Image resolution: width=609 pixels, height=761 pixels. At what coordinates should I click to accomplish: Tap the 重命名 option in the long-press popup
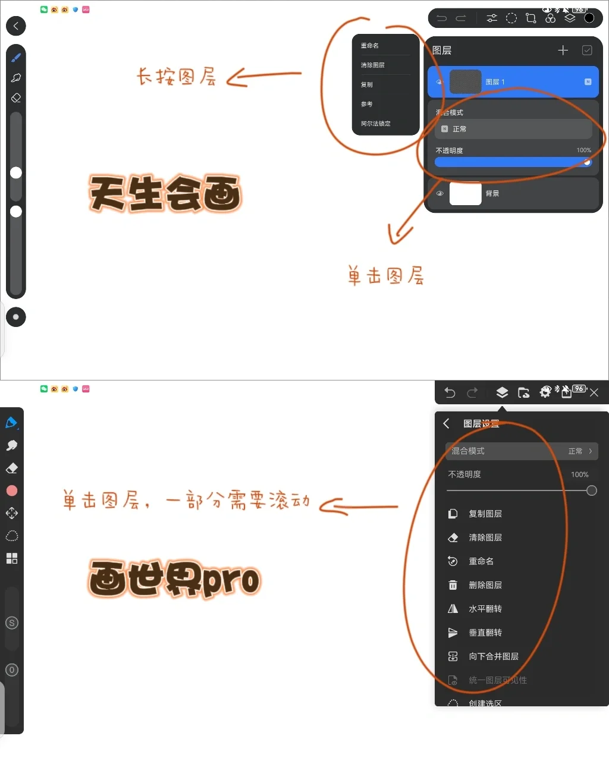[370, 46]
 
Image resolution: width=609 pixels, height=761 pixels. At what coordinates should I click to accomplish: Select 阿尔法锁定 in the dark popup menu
[376, 124]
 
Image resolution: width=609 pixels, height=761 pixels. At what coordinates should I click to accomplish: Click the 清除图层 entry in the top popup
[373, 65]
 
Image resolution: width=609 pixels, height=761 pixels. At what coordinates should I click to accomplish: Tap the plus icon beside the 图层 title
[563, 51]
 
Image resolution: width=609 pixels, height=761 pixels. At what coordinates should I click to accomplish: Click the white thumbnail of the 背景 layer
[465, 194]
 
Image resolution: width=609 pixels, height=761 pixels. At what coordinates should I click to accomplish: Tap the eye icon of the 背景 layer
[440, 194]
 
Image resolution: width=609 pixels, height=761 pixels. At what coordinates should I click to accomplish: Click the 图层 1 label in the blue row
[495, 82]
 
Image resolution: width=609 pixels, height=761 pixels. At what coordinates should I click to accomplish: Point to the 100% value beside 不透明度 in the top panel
[583, 150]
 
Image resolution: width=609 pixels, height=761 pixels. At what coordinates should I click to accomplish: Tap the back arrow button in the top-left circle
[16, 26]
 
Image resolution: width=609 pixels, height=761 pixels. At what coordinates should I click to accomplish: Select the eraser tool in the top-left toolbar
[16, 98]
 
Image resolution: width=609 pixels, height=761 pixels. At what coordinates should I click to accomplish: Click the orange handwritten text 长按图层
[176, 77]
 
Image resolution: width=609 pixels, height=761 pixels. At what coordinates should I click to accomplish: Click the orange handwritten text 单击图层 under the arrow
[386, 276]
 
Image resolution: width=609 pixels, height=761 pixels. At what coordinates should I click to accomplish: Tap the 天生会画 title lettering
[165, 194]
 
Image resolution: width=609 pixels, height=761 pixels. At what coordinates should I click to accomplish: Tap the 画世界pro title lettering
[174, 578]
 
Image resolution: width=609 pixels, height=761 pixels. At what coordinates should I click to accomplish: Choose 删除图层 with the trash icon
[485, 585]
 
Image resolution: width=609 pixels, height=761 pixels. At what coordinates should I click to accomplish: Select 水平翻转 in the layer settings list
[485, 609]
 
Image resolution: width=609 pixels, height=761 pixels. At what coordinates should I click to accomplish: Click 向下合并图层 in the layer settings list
[493, 656]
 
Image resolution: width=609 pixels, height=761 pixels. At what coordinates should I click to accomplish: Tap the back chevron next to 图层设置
[447, 423]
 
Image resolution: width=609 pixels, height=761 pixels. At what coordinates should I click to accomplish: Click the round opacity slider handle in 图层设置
[591, 490]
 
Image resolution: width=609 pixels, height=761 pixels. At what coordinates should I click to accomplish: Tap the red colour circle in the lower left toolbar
[12, 490]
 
